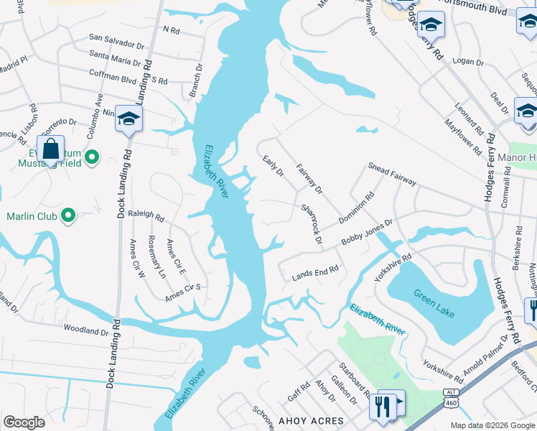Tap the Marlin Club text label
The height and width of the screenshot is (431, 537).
[31, 215]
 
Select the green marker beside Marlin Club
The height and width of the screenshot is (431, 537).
[68, 215]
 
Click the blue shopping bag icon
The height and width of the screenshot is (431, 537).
[51, 151]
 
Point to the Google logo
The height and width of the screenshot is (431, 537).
[24, 422]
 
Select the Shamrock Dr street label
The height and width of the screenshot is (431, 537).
[311, 223]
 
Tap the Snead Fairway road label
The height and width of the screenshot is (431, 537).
[392, 173]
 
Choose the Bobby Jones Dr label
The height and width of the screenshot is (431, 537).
[368, 233]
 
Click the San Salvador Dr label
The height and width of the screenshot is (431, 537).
[117, 38]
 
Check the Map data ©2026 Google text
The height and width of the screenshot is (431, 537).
[492, 425]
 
